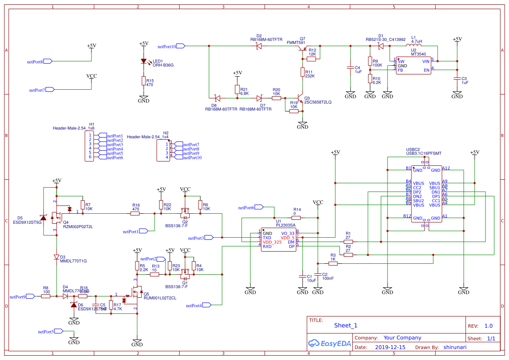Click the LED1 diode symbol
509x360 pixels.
[x=143, y=61]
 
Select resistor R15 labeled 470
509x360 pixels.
[x=143, y=81]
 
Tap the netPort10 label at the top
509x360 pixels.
[x=167, y=46]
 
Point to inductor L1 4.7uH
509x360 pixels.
[x=414, y=45]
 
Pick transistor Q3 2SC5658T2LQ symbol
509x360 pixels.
[x=300, y=98]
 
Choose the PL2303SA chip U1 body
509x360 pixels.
[x=279, y=240]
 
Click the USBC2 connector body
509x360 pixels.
[x=427, y=194]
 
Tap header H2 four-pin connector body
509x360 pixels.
[x=163, y=151]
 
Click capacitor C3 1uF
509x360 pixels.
[x=457, y=79]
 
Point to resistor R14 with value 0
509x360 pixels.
[x=297, y=217]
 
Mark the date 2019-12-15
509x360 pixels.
[x=390, y=347]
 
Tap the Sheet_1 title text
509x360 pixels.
[x=346, y=325]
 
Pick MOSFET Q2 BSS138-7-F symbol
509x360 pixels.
[x=185, y=215]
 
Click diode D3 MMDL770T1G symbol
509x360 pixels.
[x=57, y=257]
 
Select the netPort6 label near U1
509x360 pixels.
[x=246, y=208]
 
